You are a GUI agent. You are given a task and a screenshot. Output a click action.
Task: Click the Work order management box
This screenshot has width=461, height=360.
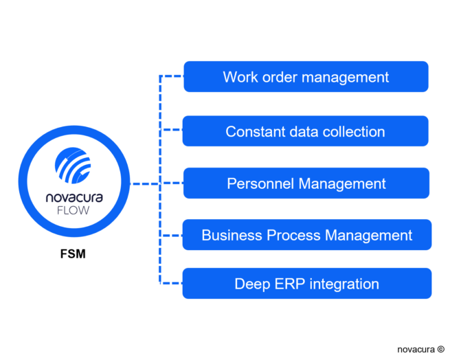(306, 76)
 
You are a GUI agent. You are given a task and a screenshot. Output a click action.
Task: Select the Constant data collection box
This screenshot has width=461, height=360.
(305, 131)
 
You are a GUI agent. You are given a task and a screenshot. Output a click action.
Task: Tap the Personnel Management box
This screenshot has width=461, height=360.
(306, 183)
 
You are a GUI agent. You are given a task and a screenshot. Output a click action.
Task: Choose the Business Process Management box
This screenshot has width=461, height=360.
(307, 235)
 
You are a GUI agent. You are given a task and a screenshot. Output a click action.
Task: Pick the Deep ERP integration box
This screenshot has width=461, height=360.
(307, 283)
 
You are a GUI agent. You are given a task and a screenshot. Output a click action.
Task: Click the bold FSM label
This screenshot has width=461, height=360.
(73, 254)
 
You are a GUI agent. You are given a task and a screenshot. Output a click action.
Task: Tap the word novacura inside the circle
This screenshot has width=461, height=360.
(74, 197)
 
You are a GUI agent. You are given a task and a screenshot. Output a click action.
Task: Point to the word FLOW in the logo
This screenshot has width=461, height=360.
(73, 211)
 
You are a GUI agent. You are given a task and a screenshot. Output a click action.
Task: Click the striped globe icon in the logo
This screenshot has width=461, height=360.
(73, 166)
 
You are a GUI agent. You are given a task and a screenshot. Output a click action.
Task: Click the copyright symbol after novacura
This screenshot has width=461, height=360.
(440, 349)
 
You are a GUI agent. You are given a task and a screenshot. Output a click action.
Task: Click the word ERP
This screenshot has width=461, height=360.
(290, 284)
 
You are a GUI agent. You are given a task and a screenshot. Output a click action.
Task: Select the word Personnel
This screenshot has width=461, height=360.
(260, 184)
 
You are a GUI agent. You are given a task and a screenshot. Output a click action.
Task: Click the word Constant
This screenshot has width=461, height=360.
(255, 132)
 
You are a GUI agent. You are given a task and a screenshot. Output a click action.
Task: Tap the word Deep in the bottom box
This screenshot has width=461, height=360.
(252, 284)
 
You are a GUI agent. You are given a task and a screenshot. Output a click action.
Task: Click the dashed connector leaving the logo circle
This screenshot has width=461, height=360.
(145, 184)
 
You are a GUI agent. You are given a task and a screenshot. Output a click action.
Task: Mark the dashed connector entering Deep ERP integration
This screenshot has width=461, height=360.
(171, 283)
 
